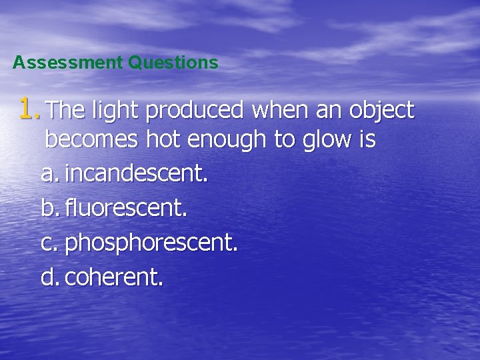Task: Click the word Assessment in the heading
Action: click(x=68, y=63)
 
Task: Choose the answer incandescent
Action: click(x=136, y=175)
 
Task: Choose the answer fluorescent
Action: click(x=126, y=209)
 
